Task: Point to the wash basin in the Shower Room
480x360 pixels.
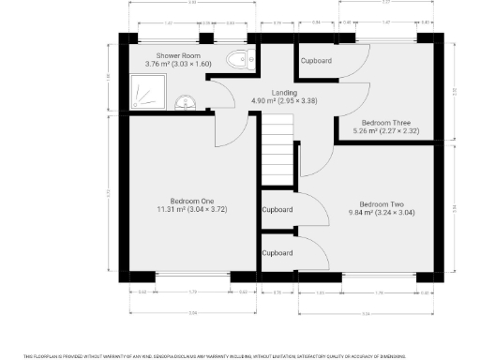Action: click(185, 101)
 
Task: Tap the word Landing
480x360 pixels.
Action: click(284, 92)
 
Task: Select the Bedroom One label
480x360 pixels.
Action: click(192, 201)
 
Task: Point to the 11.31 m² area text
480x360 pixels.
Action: click(192, 210)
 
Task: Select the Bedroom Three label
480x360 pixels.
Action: click(387, 123)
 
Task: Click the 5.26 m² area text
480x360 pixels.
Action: click(387, 131)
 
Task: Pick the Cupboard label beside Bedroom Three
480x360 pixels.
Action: click(316, 60)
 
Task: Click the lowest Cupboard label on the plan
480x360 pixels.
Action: click(277, 253)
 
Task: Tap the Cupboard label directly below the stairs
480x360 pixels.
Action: click(277, 209)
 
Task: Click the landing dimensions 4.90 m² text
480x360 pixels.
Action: click(284, 100)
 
